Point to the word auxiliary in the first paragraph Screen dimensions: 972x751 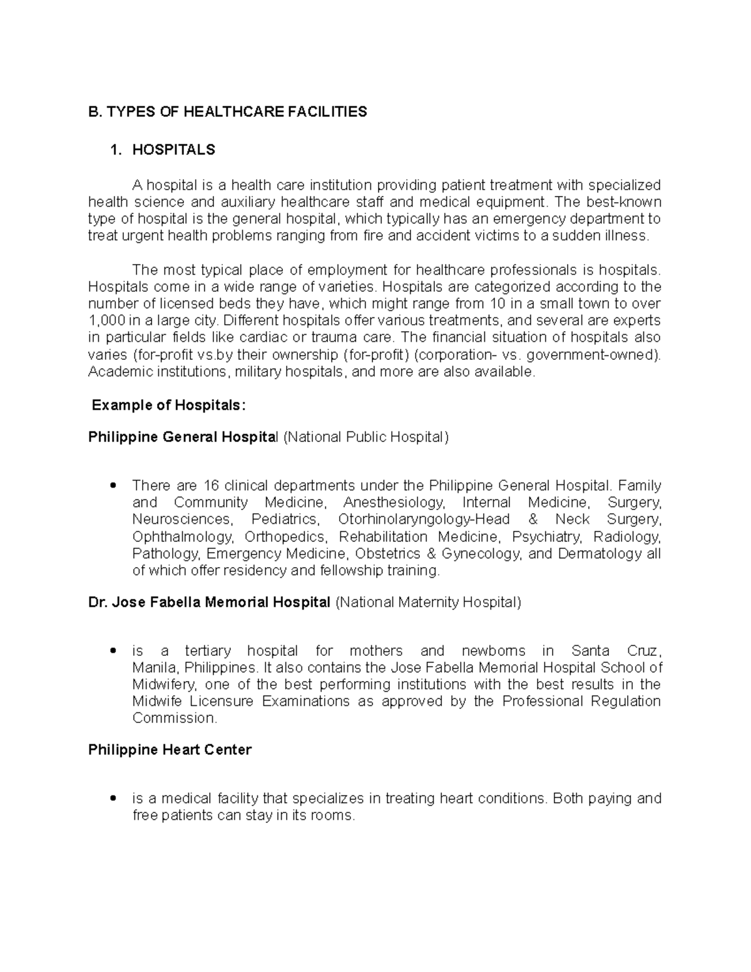click(247, 202)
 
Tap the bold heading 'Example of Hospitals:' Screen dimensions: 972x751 click(169, 406)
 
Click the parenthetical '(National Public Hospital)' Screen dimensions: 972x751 click(366, 437)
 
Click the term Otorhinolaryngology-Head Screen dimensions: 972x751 click(424, 519)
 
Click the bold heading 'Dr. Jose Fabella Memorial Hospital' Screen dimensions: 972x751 click(209, 602)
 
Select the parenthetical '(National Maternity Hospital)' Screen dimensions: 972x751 click(428, 602)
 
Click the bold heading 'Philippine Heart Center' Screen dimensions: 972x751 click(170, 750)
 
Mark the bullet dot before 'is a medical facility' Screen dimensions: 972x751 click(113, 799)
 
